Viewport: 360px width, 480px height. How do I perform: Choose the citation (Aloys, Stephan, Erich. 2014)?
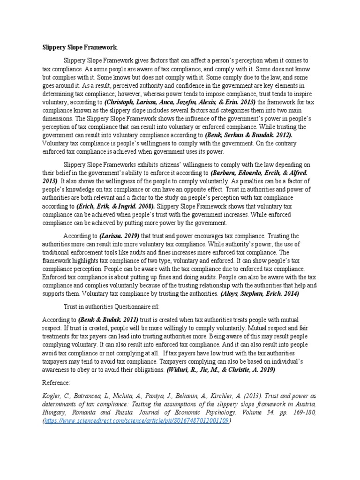[259, 293]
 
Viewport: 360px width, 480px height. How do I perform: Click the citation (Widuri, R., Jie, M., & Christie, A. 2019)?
[221, 369]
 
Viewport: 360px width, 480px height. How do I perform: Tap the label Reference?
[56, 382]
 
